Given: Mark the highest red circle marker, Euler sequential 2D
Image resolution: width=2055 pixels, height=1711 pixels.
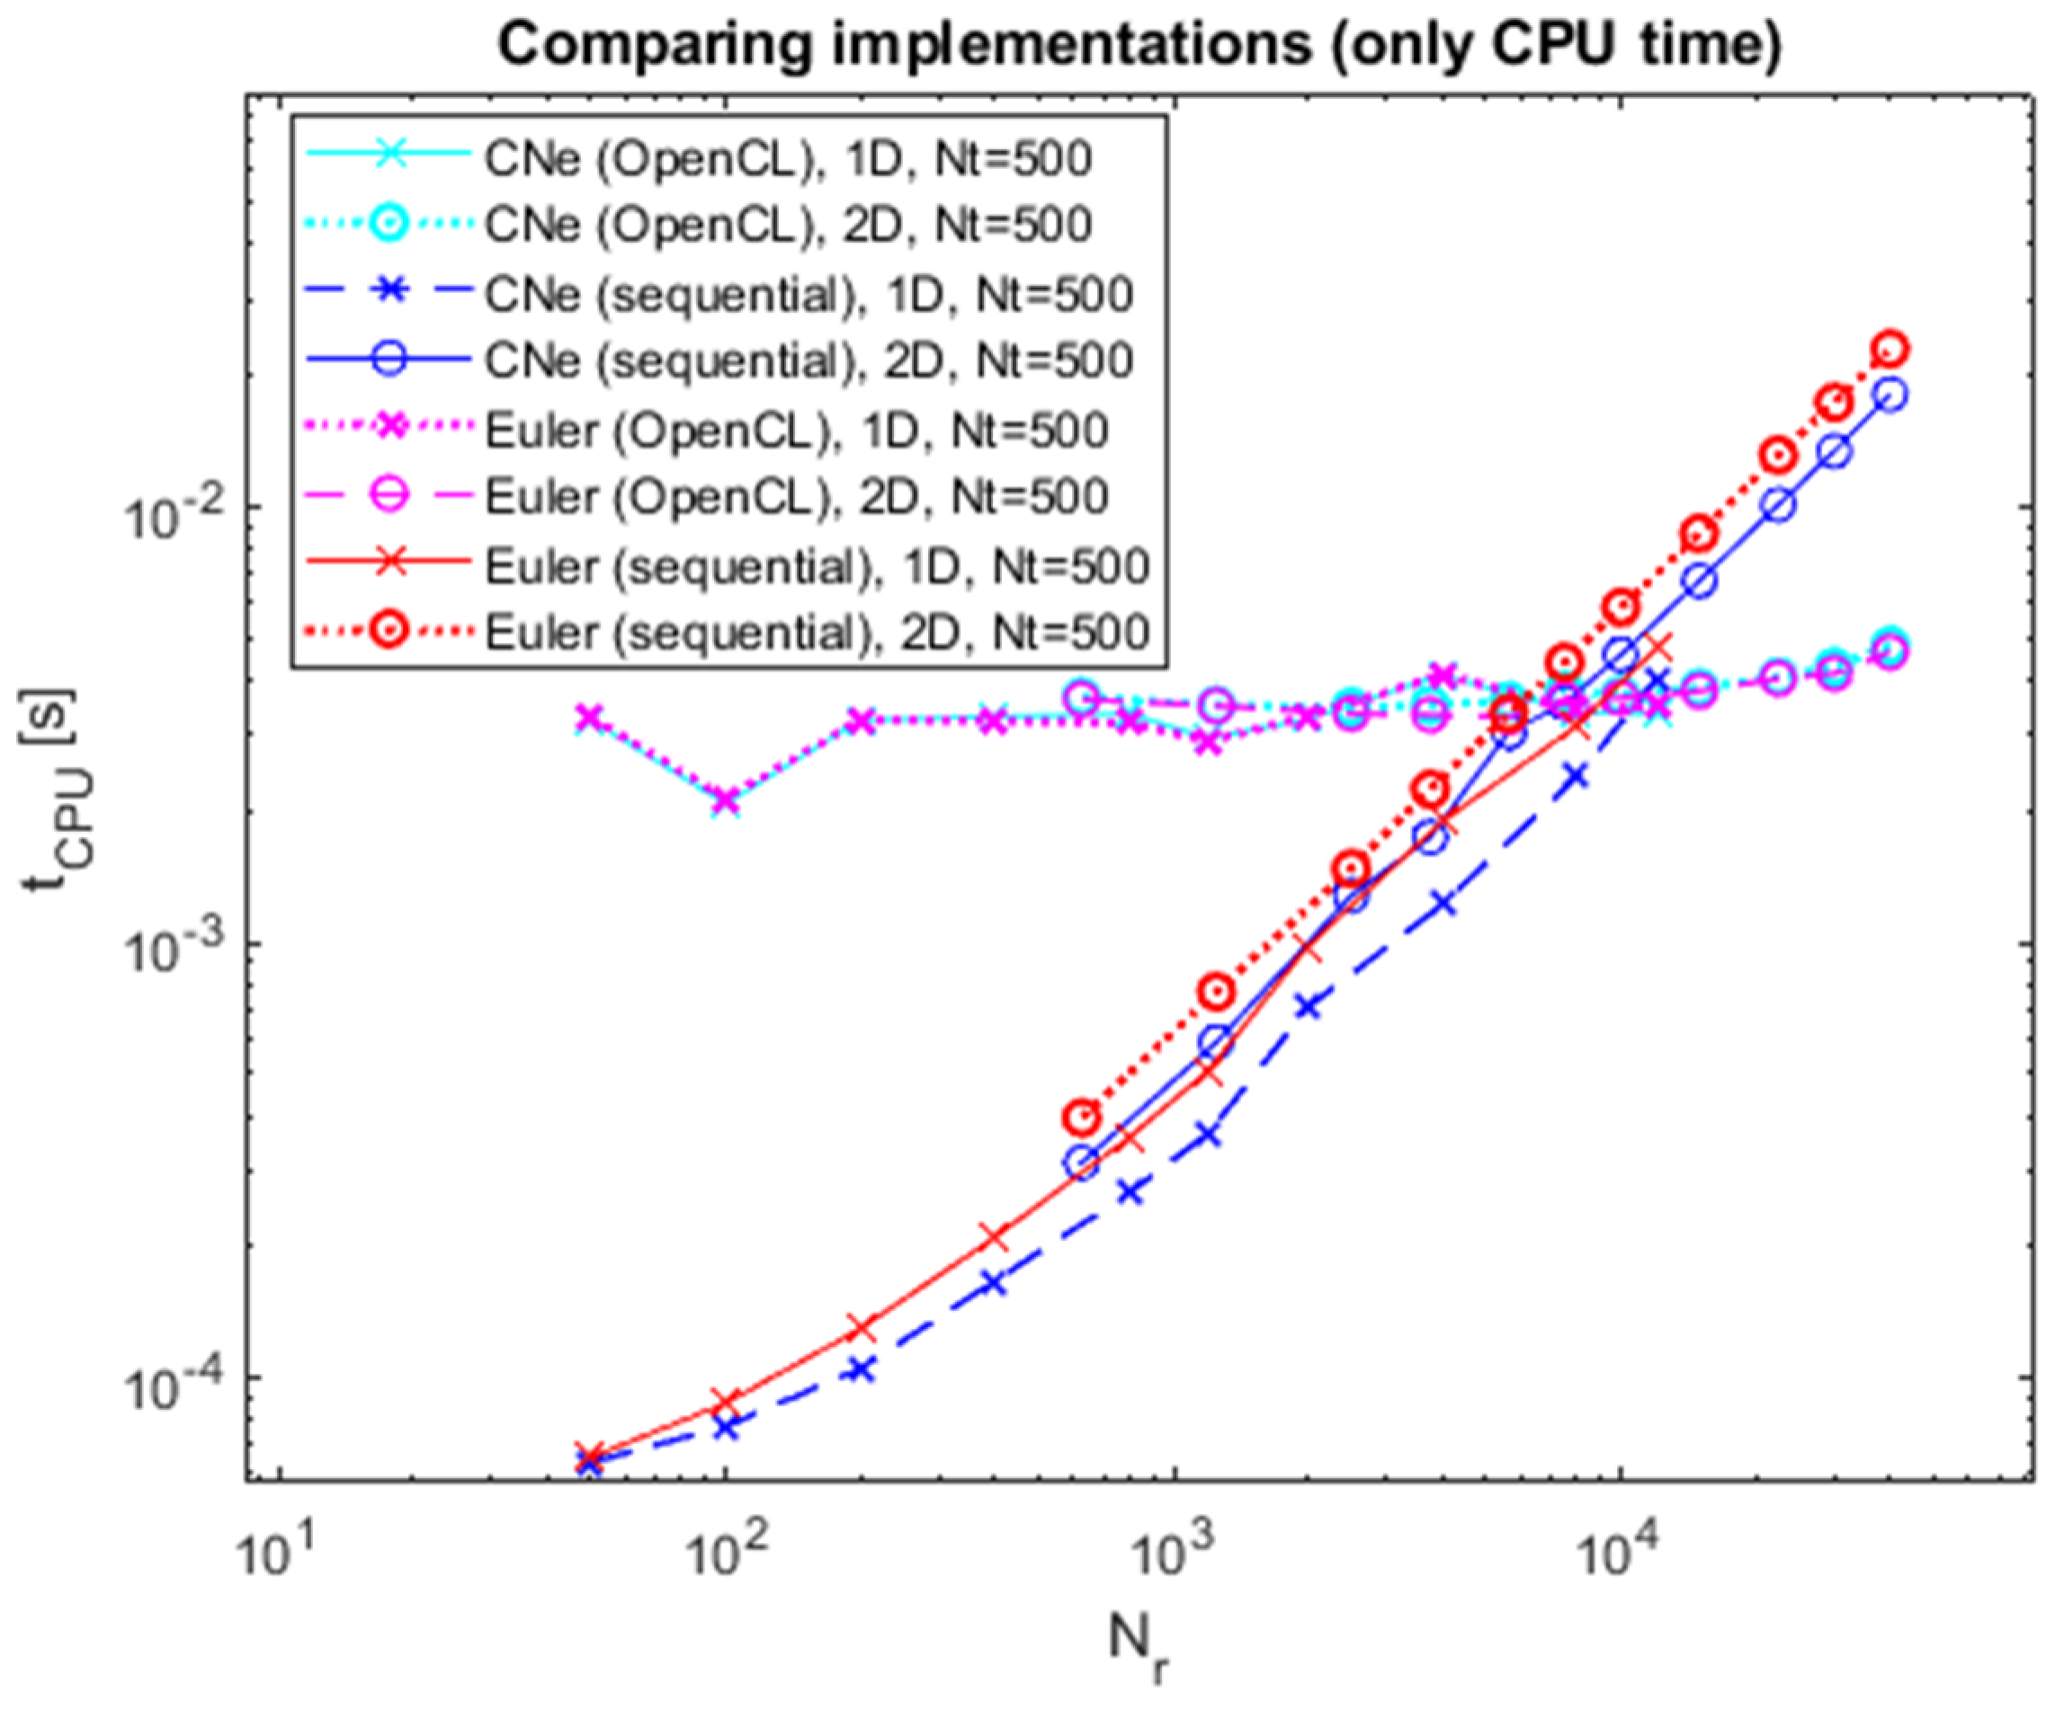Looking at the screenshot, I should click(1891, 349).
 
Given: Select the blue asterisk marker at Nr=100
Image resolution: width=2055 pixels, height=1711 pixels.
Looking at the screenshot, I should click(725, 1427).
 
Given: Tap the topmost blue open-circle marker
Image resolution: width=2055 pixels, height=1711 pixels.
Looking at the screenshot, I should click(1891, 394).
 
